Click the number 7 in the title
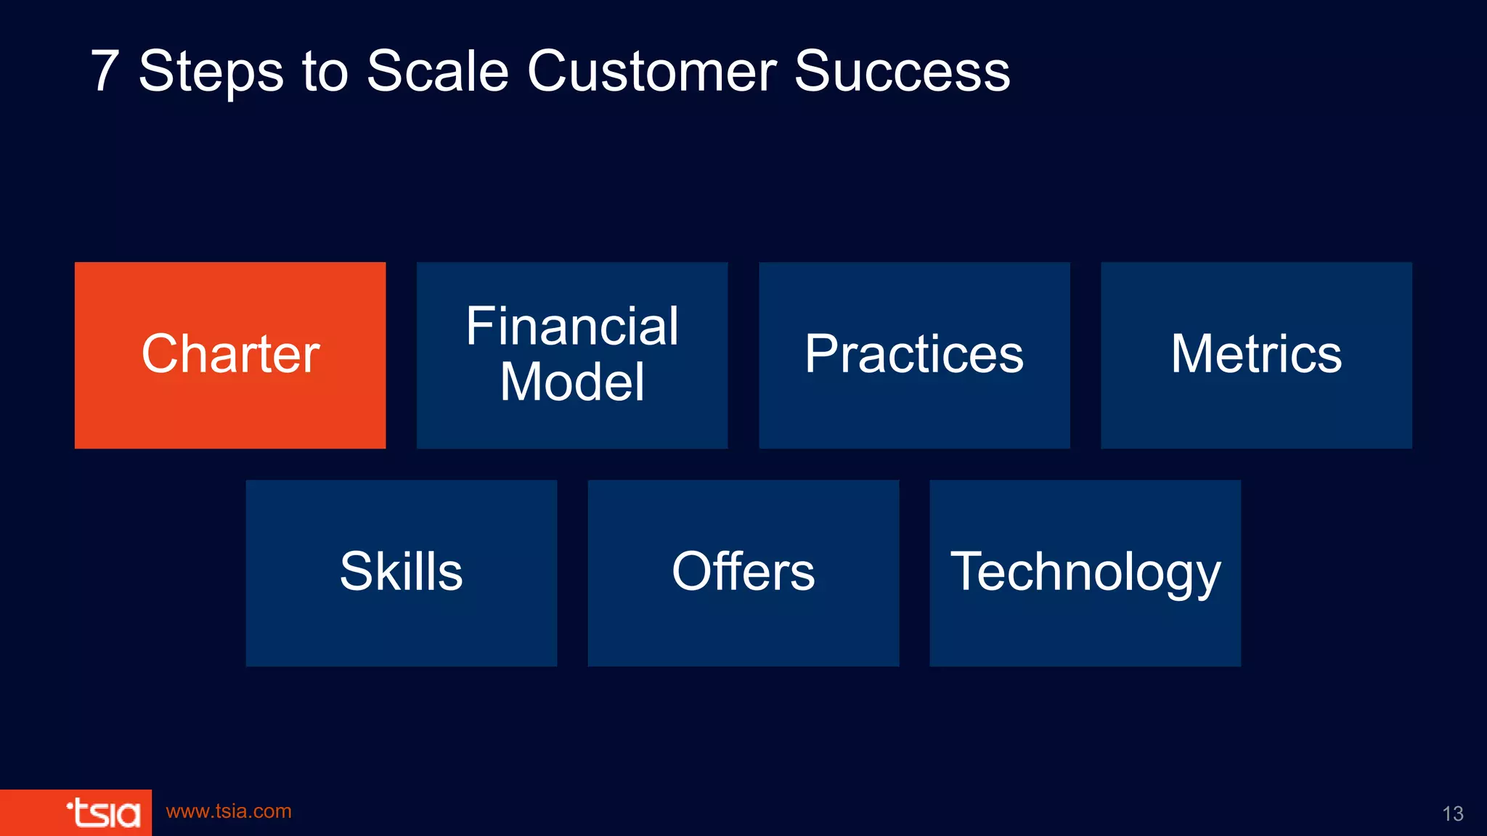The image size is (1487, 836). coord(105,71)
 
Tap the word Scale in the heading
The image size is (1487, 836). coord(437,71)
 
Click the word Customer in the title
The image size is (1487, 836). coord(651,71)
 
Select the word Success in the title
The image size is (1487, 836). coord(902,71)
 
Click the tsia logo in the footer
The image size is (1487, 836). coord(103,813)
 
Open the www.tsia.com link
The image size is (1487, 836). coord(229,811)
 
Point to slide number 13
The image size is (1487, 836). coord(1452,814)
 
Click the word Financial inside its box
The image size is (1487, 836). coord(572,326)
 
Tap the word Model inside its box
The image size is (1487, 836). coord(572,382)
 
